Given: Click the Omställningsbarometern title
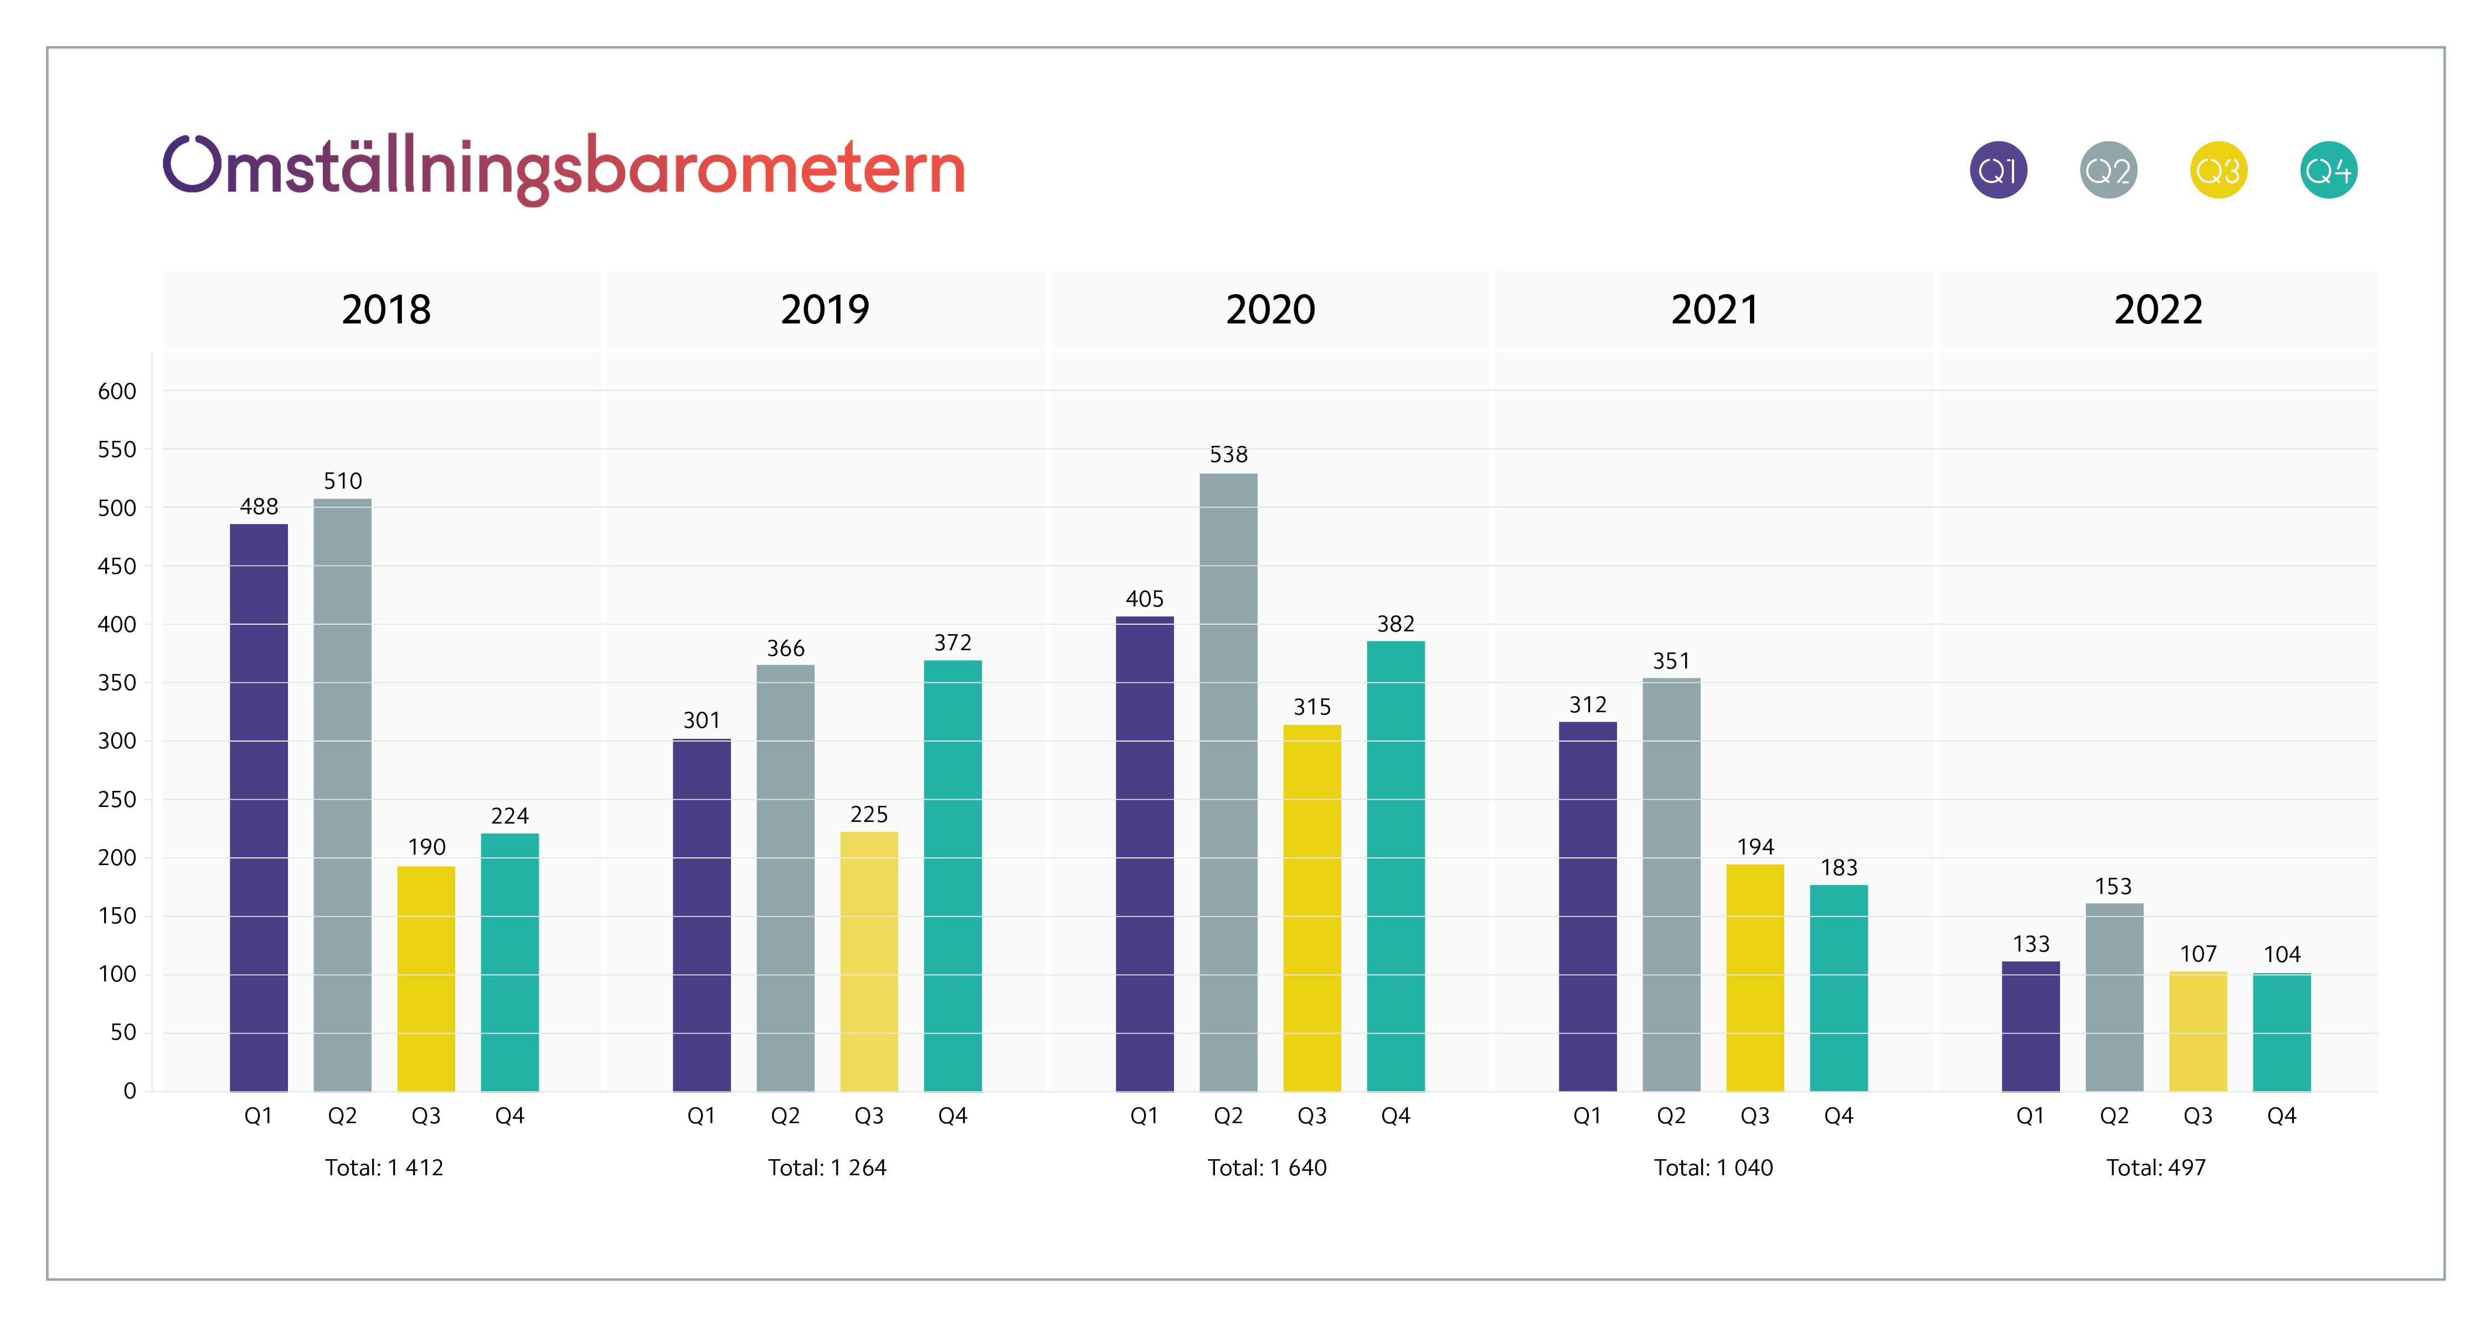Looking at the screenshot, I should tap(564, 168).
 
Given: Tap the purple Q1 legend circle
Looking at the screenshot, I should tap(1997, 170).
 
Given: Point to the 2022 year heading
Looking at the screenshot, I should tap(2158, 310).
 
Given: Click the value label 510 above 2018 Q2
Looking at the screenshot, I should tap(342, 481).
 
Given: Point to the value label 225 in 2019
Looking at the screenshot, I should tap(869, 814).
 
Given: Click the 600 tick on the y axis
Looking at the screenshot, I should tap(117, 392).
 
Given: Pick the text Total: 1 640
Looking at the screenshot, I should tap(1266, 1167).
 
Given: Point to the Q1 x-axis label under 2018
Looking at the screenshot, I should tap(258, 1116).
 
